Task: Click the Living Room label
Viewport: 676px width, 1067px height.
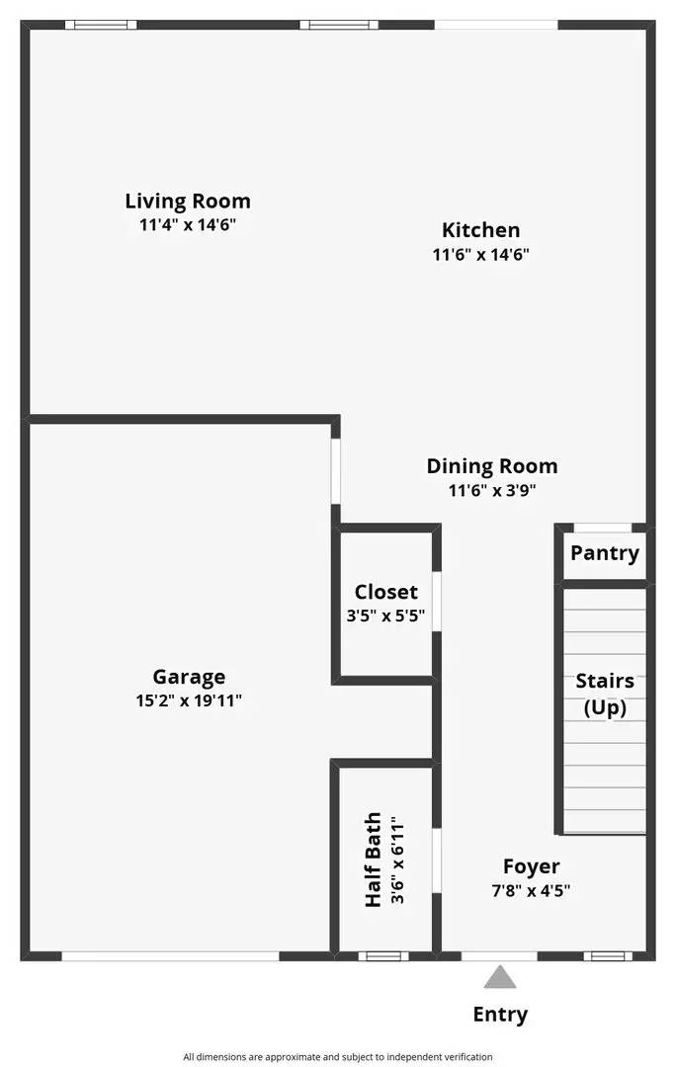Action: coord(188,202)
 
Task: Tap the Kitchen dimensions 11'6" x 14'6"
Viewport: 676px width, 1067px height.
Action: coord(480,254)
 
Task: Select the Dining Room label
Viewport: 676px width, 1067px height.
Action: coord(491,466)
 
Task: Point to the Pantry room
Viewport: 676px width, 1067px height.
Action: coord(605,553)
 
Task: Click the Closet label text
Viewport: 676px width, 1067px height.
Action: coord(386,592)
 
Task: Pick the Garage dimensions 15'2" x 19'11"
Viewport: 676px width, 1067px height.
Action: coord(189,700)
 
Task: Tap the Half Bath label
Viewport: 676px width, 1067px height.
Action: coord(374,861)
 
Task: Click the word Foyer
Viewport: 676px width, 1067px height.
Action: coord(531,866)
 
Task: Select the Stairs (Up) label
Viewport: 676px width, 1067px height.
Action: coord(605,694)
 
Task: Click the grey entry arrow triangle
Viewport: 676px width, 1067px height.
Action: coord(500,978)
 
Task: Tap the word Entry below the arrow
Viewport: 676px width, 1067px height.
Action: coord(500,1015)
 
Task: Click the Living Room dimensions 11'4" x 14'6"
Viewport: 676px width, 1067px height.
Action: coord(188,224)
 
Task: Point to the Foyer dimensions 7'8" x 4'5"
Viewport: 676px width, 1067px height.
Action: coord(531,889)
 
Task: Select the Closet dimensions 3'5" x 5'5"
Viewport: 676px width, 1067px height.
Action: coord(386,615)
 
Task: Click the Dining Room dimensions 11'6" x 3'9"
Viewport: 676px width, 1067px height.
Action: coord(491,489)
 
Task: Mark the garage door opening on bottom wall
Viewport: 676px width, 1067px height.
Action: coord(170,955)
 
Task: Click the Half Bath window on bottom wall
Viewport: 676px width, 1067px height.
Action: coord(382,955)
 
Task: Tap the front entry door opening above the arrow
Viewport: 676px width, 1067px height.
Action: coord(499,955)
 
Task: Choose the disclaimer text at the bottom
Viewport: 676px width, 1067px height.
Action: coord(337,1057)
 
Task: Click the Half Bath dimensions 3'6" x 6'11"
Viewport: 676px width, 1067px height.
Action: coord(396,861)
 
